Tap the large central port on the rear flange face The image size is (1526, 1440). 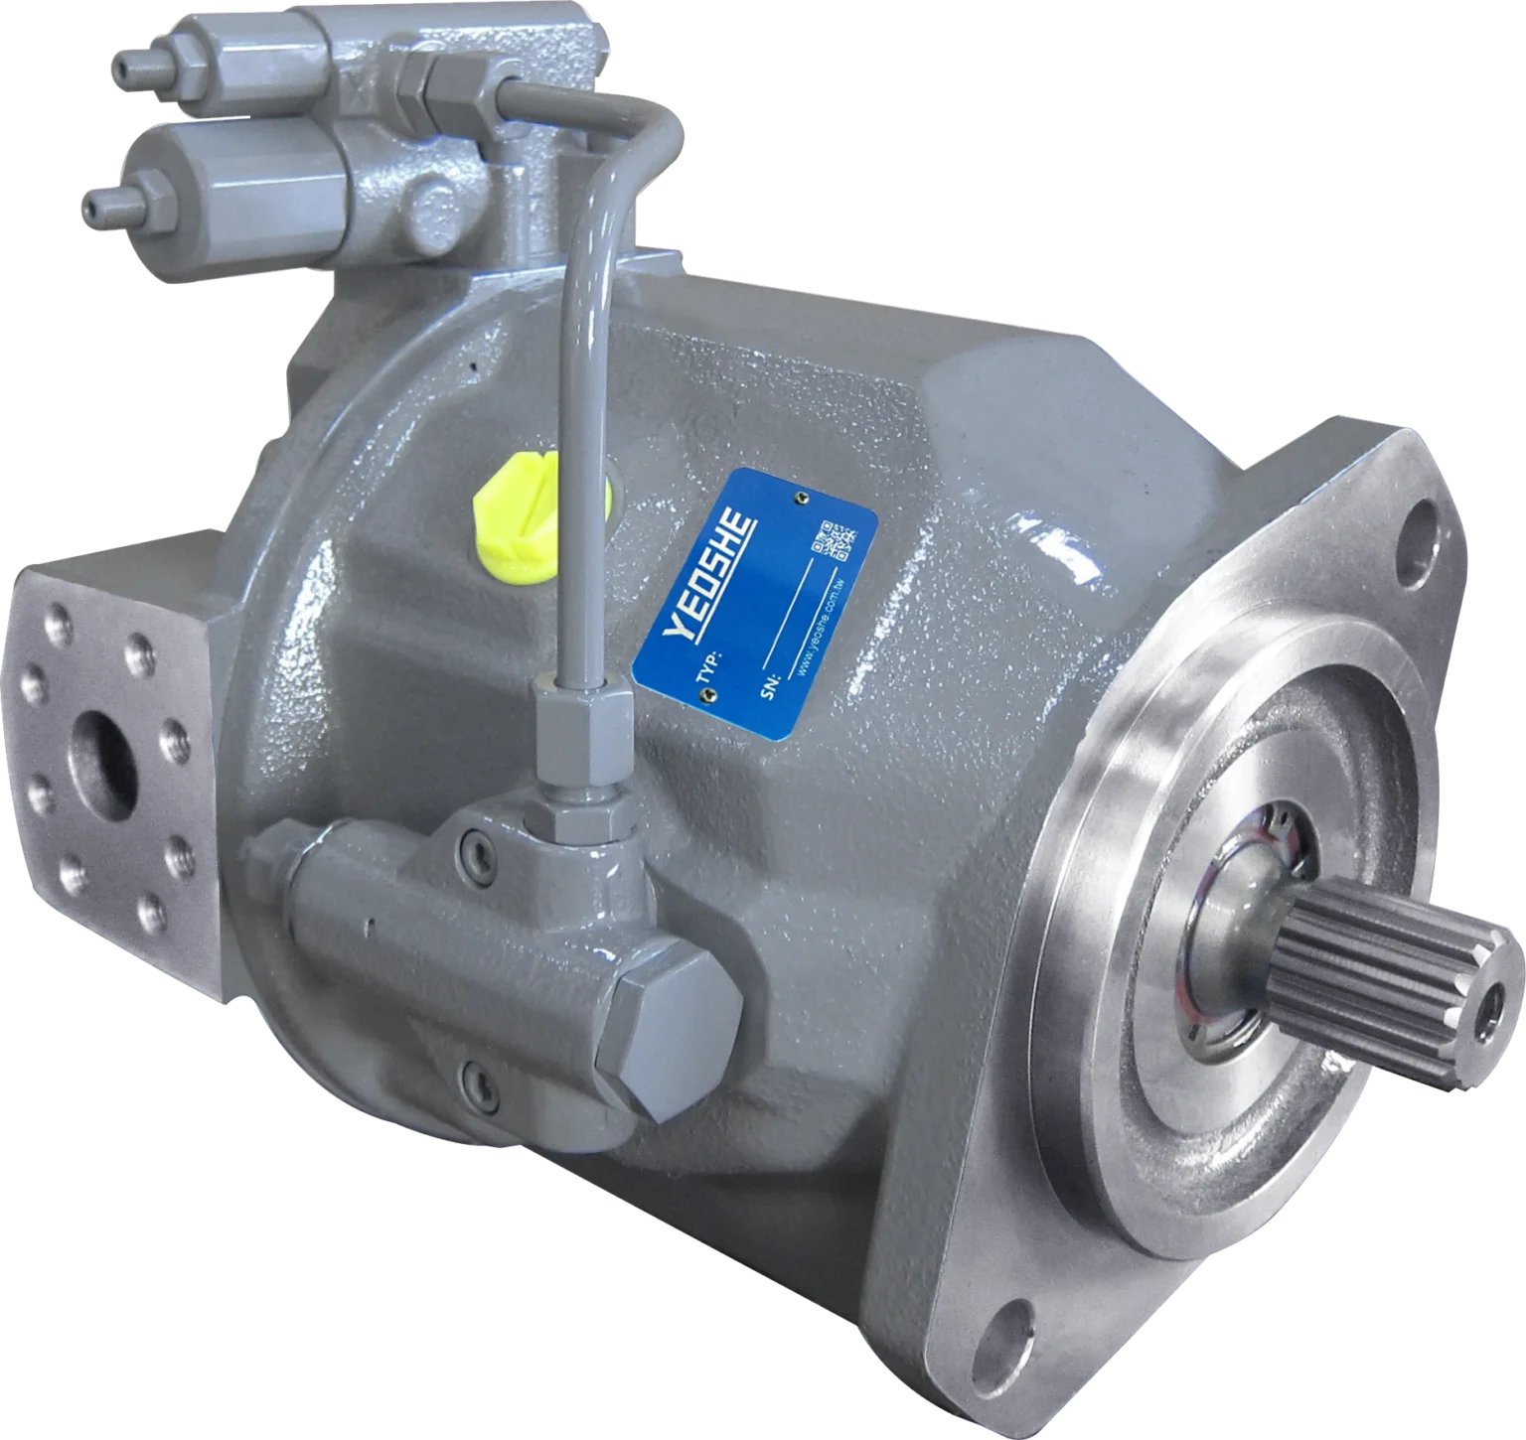tap(101, 765)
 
